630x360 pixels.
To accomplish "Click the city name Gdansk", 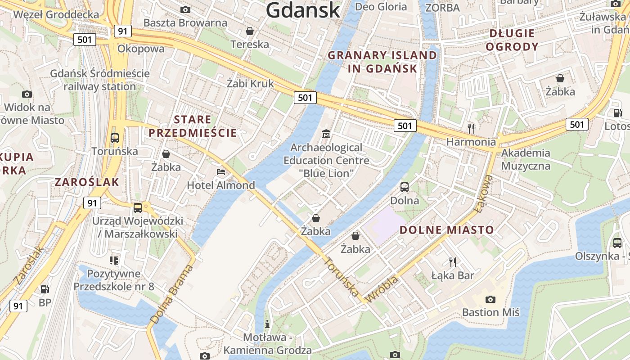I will click(x=302, y=10).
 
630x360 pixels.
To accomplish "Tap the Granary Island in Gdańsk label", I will click(x=382, y=62).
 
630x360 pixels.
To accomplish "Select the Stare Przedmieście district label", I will click(x=193, y=126).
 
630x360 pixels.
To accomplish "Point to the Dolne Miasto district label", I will click(x=447, y=230).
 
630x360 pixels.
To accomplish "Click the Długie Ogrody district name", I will click(x=512, y=40).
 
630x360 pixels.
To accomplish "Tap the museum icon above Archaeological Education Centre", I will click(x=326, y=134).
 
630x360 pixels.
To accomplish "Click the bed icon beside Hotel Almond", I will click(x=221, y=172).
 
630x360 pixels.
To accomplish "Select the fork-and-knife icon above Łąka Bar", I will click(x=453, y=262).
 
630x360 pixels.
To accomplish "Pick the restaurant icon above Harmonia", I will click(x=471, y=129).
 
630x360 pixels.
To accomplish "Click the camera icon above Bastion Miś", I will click(x=490, y=299).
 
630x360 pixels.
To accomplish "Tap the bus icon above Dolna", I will click(x=405, y=187).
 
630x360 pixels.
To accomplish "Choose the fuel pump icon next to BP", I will click(x=45, y=289).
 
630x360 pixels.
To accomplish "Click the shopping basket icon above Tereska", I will click(x=250, y=31).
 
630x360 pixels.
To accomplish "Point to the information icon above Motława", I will click(x=267, y=324).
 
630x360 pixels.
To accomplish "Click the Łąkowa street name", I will click(x=484, y=193).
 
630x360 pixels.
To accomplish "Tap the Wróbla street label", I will click(x=382, y=289).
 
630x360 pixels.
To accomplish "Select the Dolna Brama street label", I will click(x=171, y=295).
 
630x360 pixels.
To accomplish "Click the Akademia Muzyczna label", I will click(x=526, y=159).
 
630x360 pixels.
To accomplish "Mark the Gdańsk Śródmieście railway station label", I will click(x=99, y=80).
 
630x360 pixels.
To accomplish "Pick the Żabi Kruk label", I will click(x=250, y=83).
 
